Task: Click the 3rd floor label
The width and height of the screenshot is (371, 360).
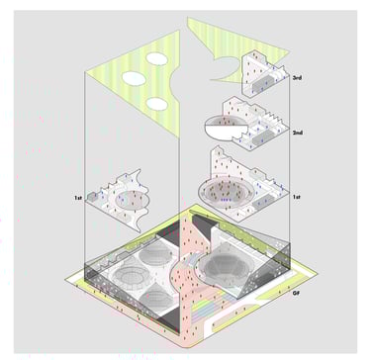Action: (x=297, y=78)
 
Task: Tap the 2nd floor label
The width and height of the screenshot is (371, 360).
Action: (x=298, y=133)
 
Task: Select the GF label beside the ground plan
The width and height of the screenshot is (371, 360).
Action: (x=296, y=293)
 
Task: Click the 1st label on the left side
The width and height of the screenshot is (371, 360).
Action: (x=78, y=200)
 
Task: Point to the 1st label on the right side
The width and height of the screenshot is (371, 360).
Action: (x=297, y=197)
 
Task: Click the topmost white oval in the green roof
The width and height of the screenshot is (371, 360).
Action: (x=157, y=58)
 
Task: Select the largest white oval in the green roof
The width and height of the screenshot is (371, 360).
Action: (x=135, y=79)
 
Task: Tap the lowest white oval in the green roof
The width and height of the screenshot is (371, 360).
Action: (x=157, y=104)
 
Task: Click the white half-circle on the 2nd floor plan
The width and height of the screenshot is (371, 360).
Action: (x=224, y=132)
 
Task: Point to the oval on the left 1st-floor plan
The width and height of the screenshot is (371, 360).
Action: (x=131, y=199)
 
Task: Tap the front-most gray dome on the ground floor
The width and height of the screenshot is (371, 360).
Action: (x=155, y=295)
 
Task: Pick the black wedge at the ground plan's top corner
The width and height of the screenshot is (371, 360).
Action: (x=204, y=225)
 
